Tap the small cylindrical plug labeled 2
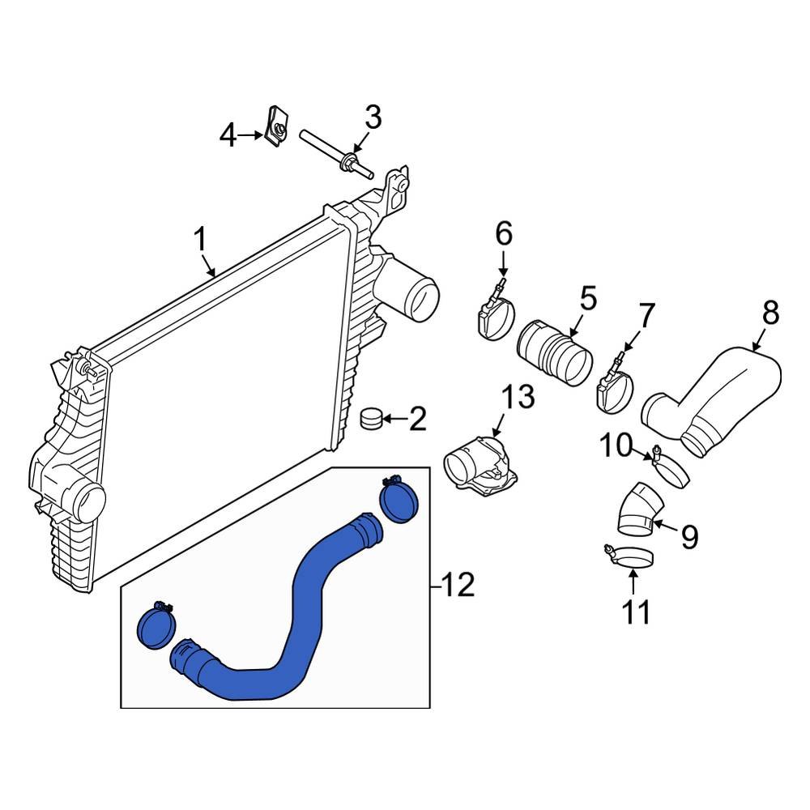371,420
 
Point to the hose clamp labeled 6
492,317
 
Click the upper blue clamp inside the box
399,501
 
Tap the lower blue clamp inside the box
156,626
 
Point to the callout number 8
770,312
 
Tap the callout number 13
518,398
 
